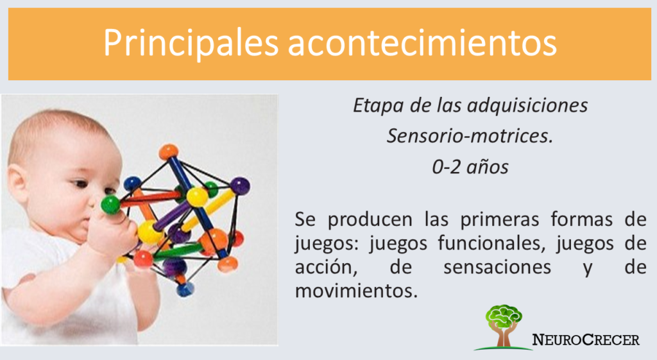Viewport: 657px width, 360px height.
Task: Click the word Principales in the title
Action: (x=191, y=43)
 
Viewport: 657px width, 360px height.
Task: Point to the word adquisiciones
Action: (x=527, y=106)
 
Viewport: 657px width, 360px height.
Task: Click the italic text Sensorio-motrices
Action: (x=470, y=136)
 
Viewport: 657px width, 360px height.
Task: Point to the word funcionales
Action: (x=491, y=243)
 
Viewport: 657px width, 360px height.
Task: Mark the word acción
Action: (x=326, y=268)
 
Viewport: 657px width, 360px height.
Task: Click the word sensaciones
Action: (x=497, y=268)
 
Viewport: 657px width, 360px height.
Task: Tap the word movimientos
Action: (x=356, y=291)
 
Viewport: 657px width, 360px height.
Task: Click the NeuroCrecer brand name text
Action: (x=586, y=339)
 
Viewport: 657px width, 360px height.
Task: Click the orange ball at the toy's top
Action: (x=169, y=151)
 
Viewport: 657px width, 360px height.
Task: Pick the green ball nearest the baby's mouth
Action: (x=110, y=205)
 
